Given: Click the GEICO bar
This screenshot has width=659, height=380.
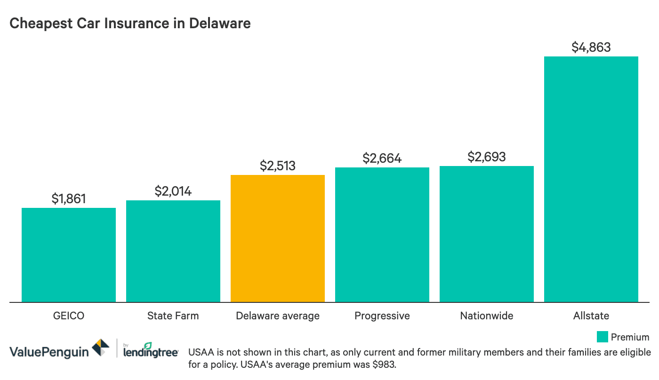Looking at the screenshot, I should (69, 254).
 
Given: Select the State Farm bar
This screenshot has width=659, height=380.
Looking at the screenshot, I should (173, 251).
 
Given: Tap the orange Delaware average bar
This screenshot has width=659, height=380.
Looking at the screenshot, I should (278, 238).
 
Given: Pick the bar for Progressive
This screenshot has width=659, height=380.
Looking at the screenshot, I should (382, 234).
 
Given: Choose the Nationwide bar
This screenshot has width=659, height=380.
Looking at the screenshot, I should (487, 234).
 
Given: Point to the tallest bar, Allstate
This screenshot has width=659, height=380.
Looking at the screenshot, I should (591, 179).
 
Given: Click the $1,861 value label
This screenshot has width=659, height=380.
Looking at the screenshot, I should (69, 198).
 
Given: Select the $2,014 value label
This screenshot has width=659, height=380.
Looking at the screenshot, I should (173, 191).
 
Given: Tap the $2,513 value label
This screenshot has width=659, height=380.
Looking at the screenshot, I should (278, 166).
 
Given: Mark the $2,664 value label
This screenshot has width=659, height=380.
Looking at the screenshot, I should (382, 158).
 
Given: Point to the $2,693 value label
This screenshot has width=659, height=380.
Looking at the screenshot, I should (487, 157).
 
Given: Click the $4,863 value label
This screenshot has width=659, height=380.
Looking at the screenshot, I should (591, 47).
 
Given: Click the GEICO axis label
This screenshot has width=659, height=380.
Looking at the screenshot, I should (69, 316).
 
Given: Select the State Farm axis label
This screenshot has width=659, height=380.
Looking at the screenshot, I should (173, 316).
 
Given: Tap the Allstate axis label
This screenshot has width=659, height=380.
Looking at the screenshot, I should (591, 316).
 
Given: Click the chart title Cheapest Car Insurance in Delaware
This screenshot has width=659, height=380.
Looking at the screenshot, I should (130, 23).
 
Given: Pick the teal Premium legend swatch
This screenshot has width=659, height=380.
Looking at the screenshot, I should (602, 337).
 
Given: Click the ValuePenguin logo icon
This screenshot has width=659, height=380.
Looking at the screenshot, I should (101, 348).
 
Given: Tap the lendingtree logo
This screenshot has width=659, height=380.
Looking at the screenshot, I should (150, 350).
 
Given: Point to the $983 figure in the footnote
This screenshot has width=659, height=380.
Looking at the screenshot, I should (387, 365).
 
